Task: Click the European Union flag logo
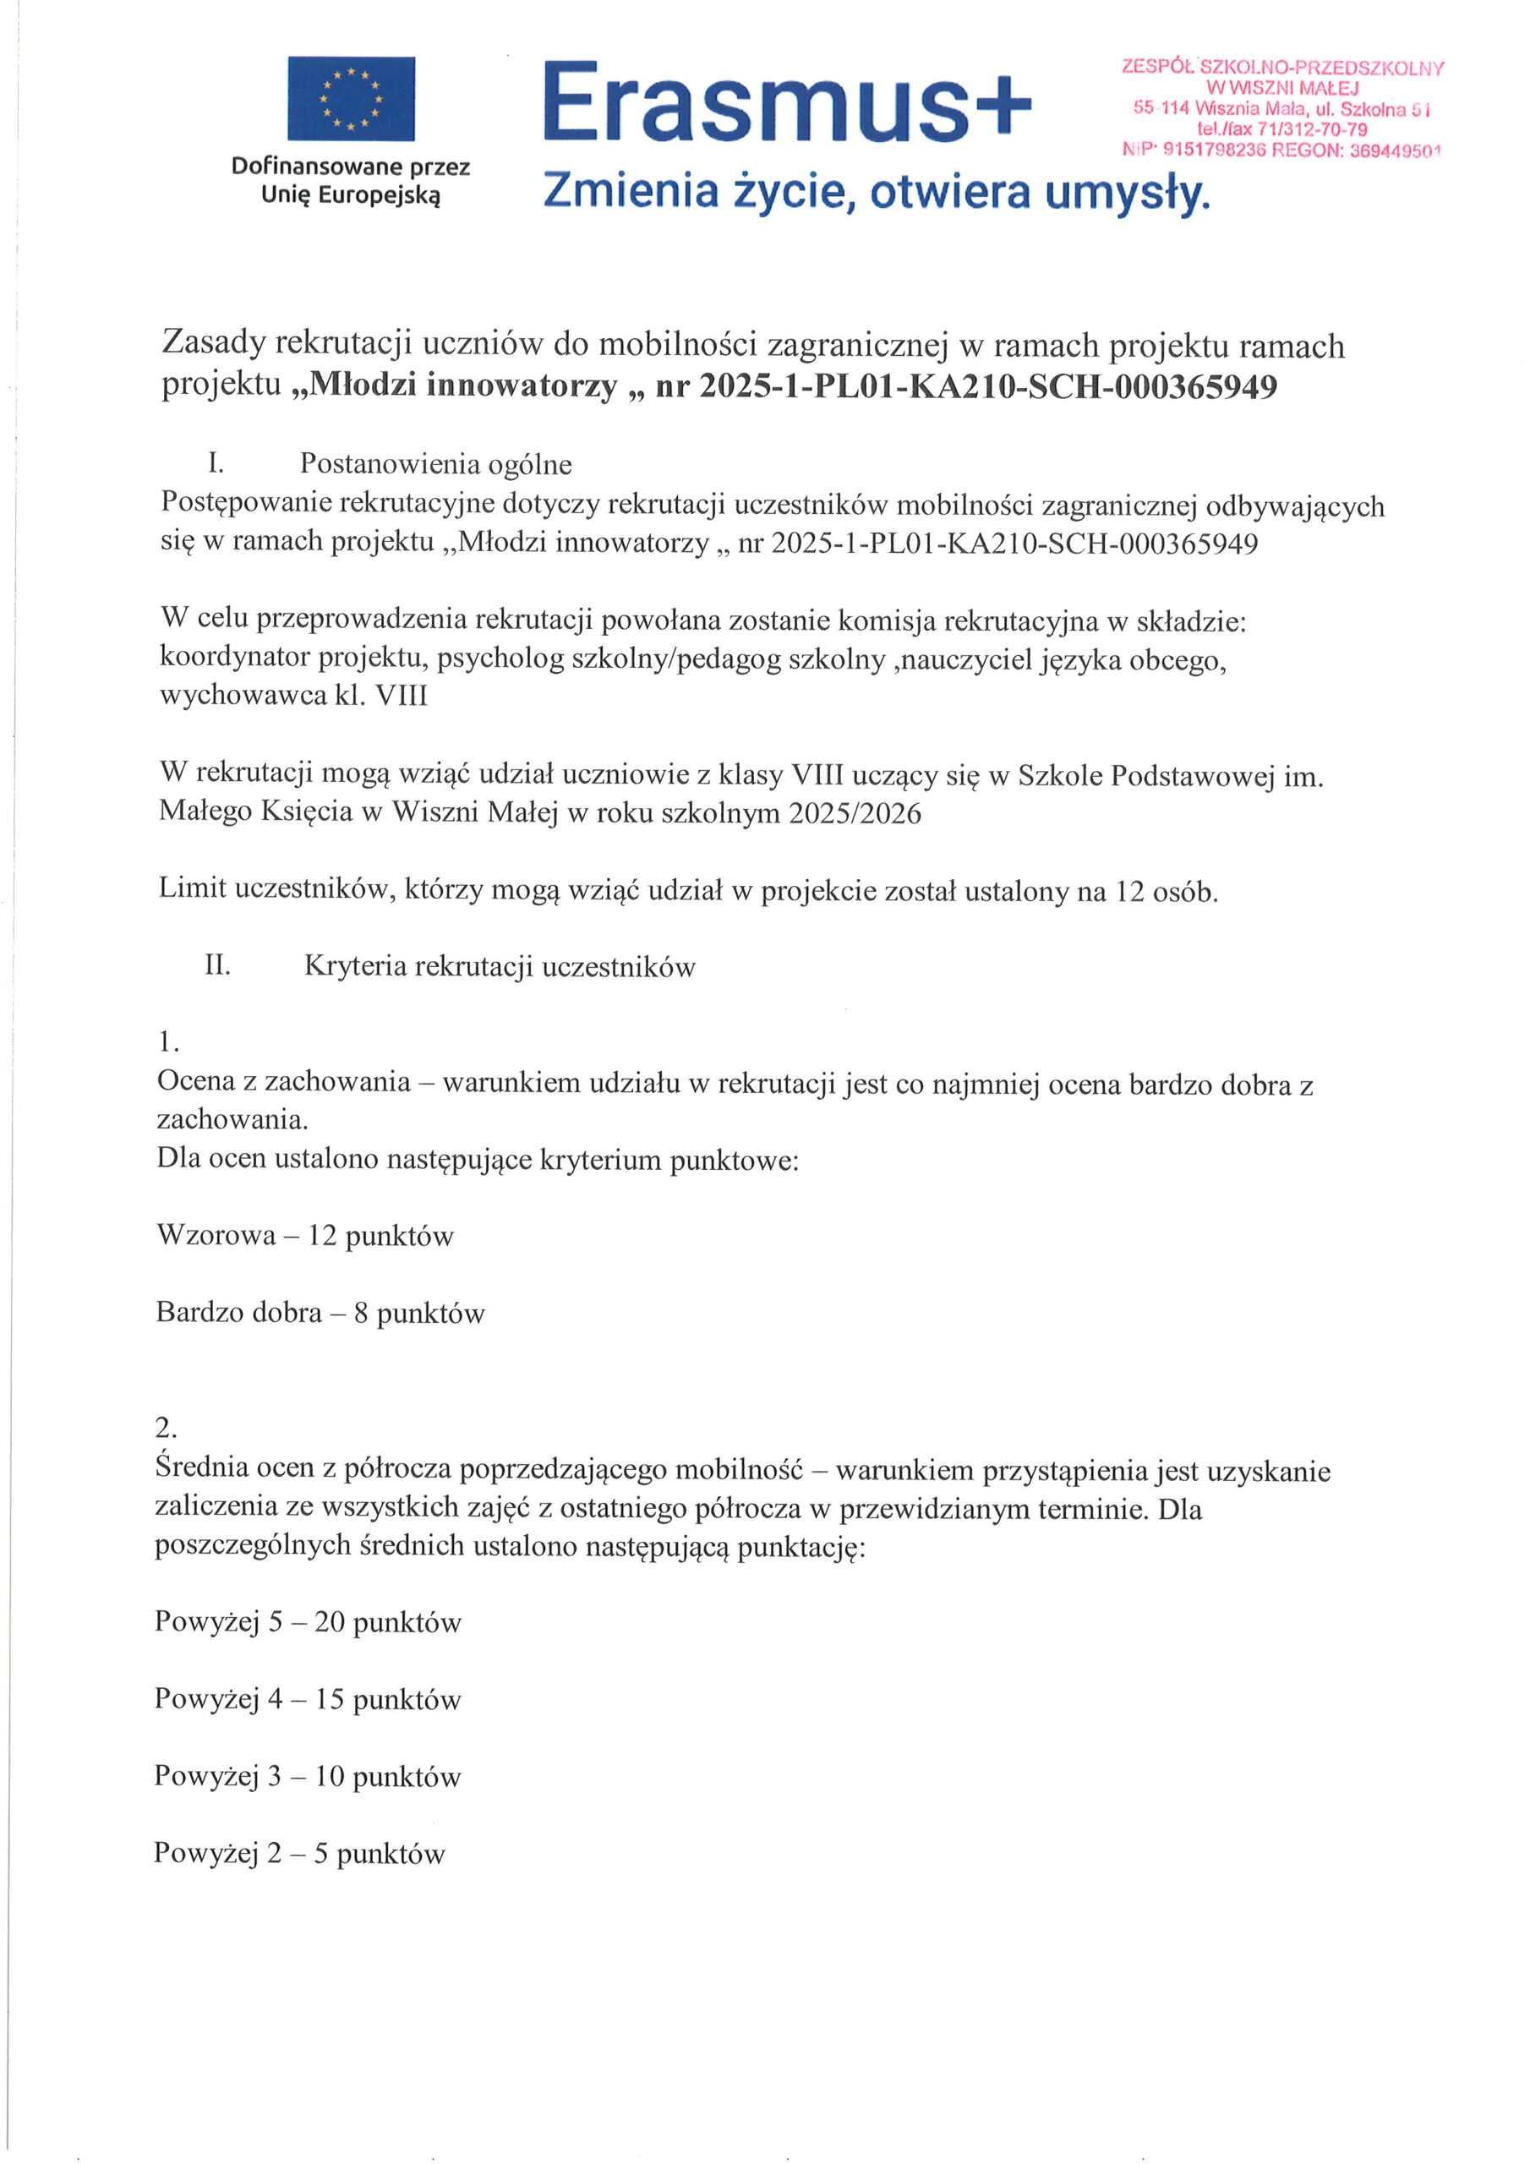click(351, 98)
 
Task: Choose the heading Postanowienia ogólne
click(435, 464)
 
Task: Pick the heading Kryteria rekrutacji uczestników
click(499, 967)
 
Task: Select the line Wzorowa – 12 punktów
click(304, 1236)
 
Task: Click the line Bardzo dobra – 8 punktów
click(320, 1313)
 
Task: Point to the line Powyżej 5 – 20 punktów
click(308, 1622)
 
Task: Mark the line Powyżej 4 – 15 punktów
click(308, 1699)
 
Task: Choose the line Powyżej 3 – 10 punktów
click(308, 1777)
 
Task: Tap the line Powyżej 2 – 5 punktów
click(299, 1854)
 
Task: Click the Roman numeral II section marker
click(217, 965)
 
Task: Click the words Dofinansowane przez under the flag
click(350, 167)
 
